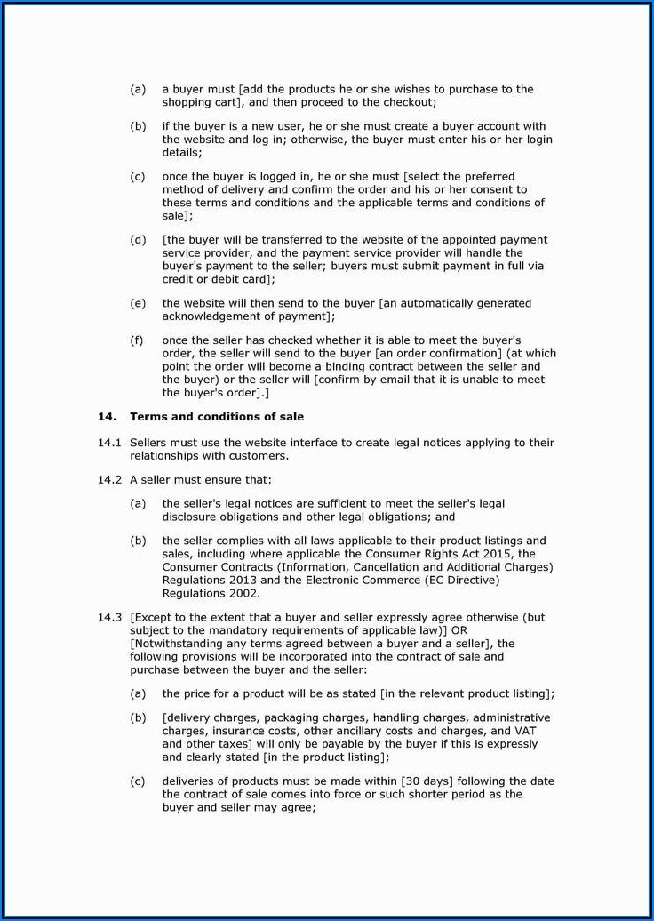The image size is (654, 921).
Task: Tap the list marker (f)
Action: coord(138,340)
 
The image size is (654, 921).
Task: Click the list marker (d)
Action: coord(138,240)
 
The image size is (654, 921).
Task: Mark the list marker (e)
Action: coord(138,303)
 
